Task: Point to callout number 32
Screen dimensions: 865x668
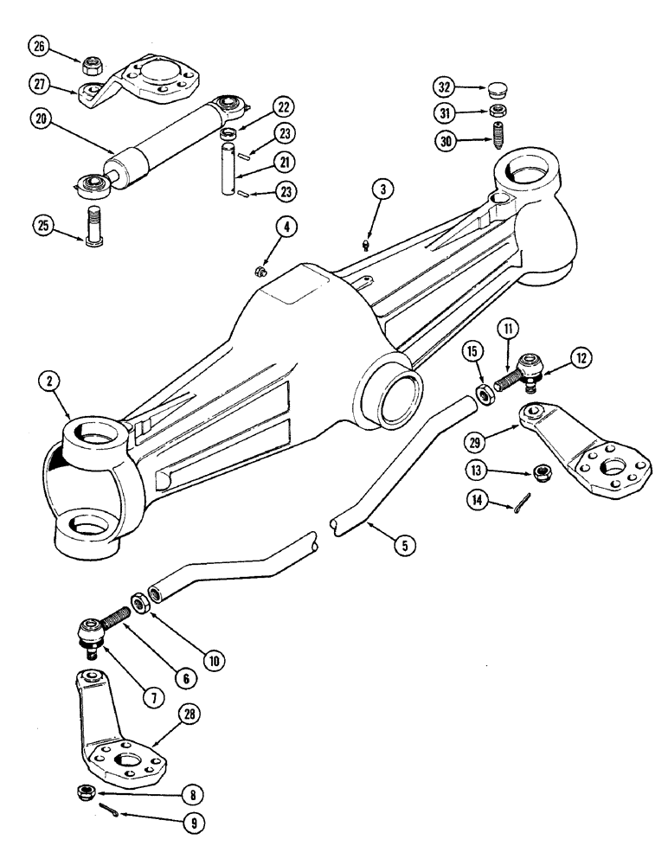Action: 445,88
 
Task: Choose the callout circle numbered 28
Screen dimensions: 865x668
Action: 187,713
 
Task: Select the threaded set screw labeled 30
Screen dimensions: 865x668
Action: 499,137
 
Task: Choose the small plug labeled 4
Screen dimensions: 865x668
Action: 261,272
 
